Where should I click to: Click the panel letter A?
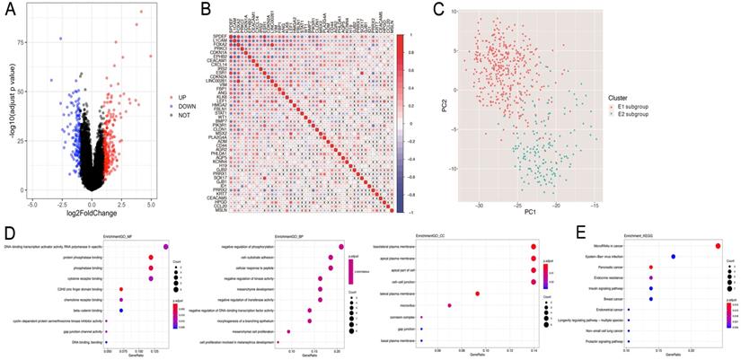[13, 12]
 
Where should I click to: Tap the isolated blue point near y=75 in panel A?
[61, 39]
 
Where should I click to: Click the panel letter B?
[206, 11]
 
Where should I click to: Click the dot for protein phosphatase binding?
[151, 257]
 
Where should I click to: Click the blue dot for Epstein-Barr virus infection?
[673, 257]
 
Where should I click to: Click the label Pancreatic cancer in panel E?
[612, 268]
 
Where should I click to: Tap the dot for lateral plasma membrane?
[477, 294]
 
